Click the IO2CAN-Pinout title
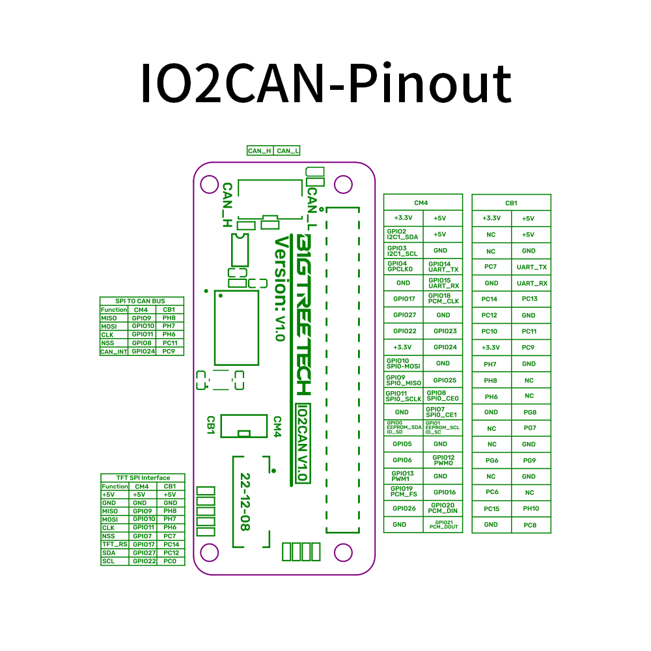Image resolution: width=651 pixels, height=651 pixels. [325, 83]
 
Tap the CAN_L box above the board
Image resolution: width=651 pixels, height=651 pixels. [288, 151]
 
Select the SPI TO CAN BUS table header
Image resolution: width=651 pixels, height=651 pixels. [141, 301]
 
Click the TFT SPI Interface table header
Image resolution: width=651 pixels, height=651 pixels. [142, 478]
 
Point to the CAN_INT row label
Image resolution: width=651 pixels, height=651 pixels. [114, 352]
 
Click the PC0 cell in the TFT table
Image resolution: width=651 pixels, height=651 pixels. [170, 561]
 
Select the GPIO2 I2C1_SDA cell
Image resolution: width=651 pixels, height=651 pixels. [403, 234]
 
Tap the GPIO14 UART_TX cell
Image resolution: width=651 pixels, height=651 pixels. [443, 266]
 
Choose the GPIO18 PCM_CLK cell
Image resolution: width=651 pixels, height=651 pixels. [443, 298]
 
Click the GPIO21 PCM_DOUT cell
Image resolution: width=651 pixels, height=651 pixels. [443, 524]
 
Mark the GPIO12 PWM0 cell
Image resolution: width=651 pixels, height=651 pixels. [443, 460]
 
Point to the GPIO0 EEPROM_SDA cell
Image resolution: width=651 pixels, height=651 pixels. [403, 427]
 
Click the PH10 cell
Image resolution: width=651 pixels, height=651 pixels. [531, 508]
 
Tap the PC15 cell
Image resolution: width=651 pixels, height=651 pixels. [492, 508]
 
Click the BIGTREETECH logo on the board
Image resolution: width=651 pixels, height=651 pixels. [303, 314]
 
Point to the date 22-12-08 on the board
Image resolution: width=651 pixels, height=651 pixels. [245, 501]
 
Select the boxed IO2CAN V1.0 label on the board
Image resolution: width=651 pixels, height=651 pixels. [301, 443]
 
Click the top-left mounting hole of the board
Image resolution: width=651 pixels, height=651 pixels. [209, 184]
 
